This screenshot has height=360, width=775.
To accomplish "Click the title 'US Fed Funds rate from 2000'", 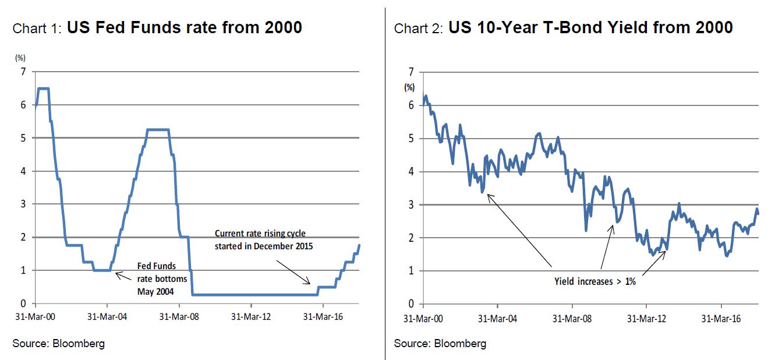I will (x=185, y=27).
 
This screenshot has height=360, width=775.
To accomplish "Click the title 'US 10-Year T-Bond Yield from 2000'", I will (x=590, y=27).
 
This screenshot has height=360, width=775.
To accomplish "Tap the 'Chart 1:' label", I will (x=38, y=29).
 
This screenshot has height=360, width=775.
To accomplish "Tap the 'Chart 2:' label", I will (x=419, y=29).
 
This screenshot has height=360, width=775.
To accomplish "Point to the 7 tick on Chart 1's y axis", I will (x=24, y=72).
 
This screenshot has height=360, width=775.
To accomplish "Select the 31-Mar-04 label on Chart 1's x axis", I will (x=107, y=317).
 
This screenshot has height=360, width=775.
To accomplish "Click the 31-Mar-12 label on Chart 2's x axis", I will (x=646, y=319).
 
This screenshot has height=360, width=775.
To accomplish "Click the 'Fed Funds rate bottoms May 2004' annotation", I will (x=156, y=278).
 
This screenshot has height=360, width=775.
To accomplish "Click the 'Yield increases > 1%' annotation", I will (x=594, y=281).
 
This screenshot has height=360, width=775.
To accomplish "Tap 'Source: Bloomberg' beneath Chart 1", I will (x=58, y=343).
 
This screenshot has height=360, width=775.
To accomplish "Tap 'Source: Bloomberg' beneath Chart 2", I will (x=440, y=343).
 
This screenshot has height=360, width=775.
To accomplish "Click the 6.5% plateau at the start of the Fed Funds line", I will (x=43, y=89).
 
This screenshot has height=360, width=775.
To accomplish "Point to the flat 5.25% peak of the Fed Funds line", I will (x=158, y=129).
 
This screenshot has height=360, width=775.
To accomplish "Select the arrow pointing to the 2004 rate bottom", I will (x=124, y=275).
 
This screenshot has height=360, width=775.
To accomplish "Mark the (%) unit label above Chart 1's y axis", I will (x=19, y=58).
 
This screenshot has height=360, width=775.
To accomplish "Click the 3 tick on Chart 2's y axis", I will (x=411, y=204).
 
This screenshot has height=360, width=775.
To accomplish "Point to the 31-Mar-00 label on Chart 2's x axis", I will (x=423, y=319).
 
